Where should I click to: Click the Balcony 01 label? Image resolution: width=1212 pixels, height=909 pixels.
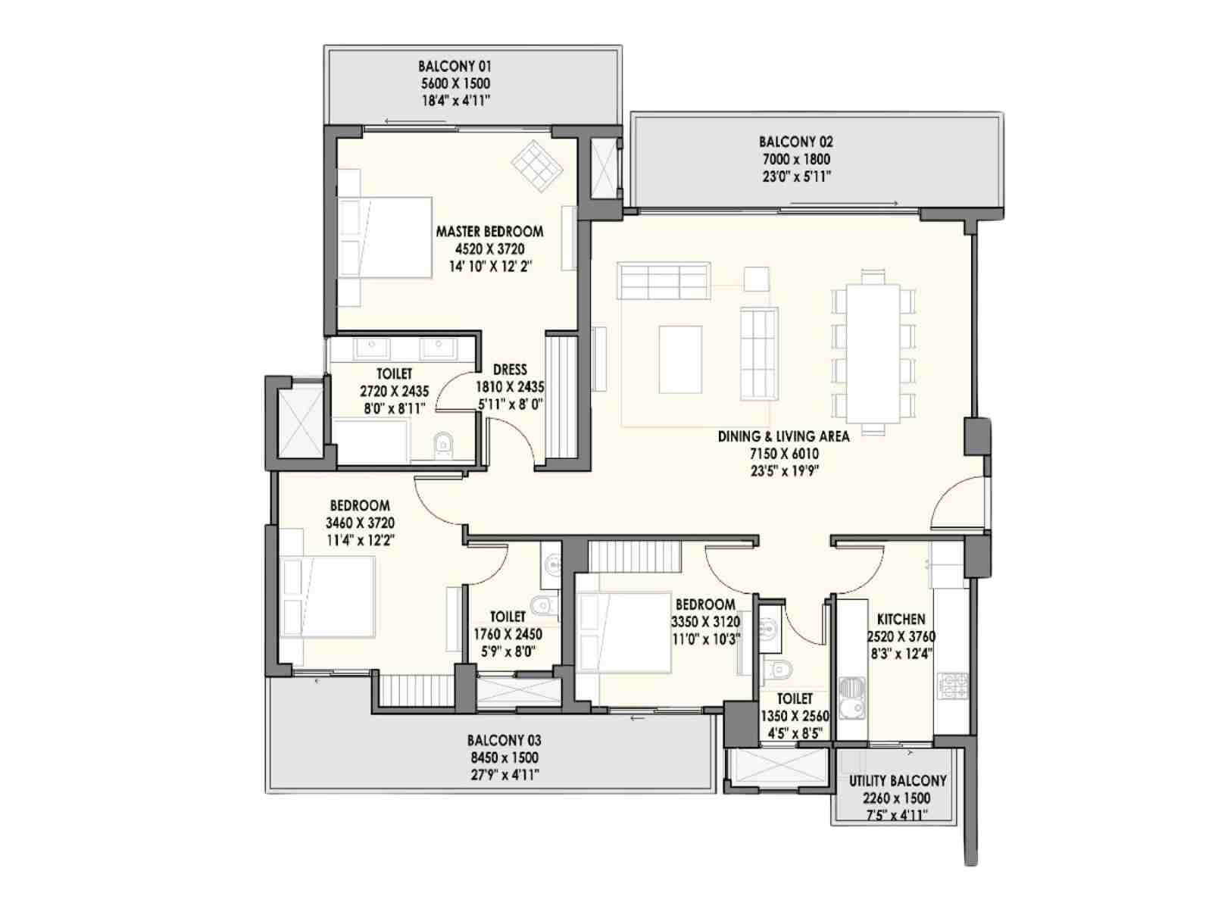[454, 66]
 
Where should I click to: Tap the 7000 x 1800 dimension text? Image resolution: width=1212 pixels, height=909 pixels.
[795, 160]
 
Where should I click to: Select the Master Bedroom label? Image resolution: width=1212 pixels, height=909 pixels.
[489, 231]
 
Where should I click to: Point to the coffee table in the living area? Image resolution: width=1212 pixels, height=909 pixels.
[680, 359]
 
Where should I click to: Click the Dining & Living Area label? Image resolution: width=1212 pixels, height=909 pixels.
[783, 436]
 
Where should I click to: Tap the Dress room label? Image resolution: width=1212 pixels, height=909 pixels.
[510, 369]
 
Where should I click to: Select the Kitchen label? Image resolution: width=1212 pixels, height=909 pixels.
[901, 619]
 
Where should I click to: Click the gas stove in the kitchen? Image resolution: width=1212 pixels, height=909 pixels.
[954, 686]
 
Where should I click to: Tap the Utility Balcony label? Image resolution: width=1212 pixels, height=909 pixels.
[898, 781]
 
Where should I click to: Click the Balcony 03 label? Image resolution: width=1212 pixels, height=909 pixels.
[504, 740]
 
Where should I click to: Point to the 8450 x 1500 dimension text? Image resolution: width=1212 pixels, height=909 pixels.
[504, 757]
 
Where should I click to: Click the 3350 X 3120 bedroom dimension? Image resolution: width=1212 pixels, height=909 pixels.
[705, 622]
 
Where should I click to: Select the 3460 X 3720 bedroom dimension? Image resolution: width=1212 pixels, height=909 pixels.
[360, 523]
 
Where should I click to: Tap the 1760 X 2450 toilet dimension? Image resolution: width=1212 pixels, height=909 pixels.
[508, 634]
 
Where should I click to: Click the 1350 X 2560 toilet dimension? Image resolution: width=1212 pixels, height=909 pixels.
[795, 717]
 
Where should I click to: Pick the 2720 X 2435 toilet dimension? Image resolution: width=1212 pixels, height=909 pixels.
[394, 392]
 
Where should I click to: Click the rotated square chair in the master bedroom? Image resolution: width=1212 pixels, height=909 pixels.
[537, 166]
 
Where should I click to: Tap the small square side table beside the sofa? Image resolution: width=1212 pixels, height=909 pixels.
[756, 280]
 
